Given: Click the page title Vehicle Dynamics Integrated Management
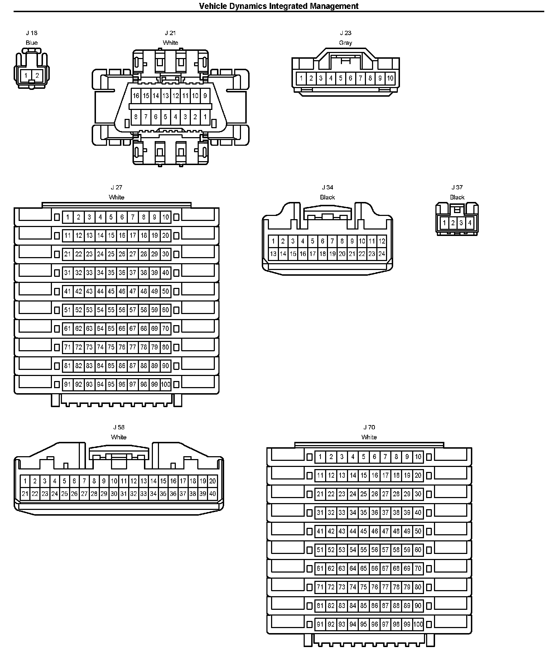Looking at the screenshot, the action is click(x=279, y=6).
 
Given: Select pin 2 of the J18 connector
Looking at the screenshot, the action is click(x=37, y=76).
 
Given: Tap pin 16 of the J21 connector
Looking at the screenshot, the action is click(x=136, y=96).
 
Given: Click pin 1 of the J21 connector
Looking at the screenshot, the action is click(x=205, y=116).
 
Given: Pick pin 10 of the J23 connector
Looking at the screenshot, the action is click(x=390, y=78).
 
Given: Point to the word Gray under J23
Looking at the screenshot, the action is click(x=346, y=43).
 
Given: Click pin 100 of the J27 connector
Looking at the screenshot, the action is click(x=165, y=384).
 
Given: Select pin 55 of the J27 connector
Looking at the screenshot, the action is click(x=111, y=310).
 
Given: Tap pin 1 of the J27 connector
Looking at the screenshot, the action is click(x=68, y=217).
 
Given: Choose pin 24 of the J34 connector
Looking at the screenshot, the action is click(x=382, y=254).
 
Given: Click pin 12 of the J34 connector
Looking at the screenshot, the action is click(x=382, y=241).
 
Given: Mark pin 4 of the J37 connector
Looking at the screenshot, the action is click(x=469, y=223).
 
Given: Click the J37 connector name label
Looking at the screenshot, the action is click(x=457, y=187).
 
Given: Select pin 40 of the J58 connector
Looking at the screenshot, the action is click(x=212, y=494).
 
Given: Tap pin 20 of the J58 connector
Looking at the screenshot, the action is click(x=212, y=481).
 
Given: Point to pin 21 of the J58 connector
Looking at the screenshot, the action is click(x=25, y=494).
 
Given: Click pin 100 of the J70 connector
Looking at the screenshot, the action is click(x=418, y=624).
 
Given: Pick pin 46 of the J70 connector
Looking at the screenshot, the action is click(x=375, y=531).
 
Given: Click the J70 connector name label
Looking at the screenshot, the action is click(x=369, y=427).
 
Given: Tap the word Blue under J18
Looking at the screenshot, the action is click(x=32, y=43).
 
